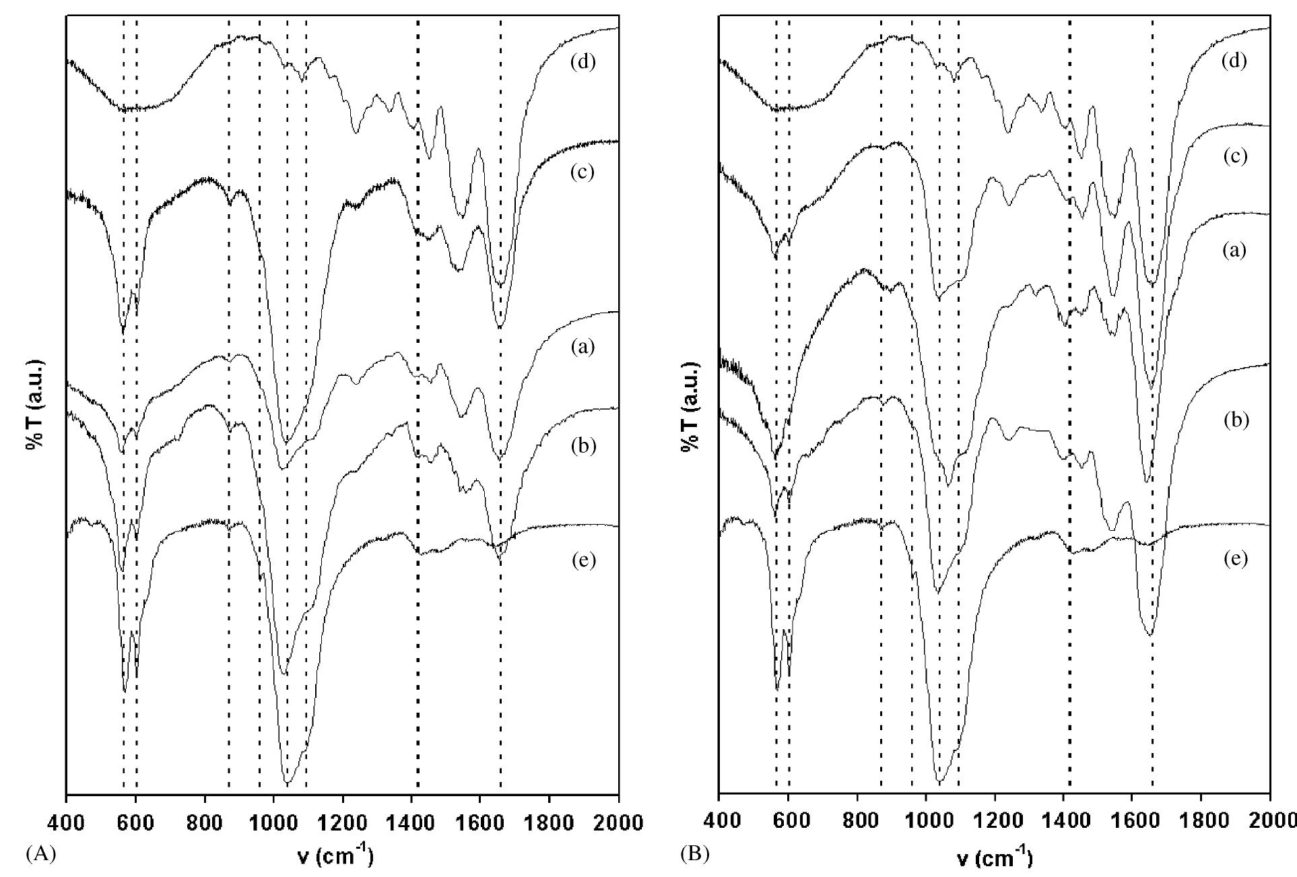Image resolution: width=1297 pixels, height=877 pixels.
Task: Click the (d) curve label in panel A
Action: tap(583, 63)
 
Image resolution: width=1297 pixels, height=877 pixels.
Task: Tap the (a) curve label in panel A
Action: tap(583, 348)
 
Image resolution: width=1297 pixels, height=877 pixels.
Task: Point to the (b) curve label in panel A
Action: tap(583, 446)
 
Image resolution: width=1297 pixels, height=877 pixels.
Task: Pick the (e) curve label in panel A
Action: tap(583, 560)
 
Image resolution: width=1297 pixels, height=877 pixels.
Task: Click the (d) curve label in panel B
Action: tap(1234, 62)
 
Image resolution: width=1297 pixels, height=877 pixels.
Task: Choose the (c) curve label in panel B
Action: tap(1234, 156)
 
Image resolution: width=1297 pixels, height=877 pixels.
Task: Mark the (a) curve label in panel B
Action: tap(1234, 251)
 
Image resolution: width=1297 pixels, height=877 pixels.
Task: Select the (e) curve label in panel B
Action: tap(1234, 559)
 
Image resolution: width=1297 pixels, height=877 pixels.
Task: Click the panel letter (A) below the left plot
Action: tap(40, 854)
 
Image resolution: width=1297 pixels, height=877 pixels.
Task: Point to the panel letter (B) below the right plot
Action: tap(694, 855)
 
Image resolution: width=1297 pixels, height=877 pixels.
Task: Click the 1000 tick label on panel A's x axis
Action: tap(273, 822)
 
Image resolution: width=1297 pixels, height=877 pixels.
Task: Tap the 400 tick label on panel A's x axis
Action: tap(66, 822)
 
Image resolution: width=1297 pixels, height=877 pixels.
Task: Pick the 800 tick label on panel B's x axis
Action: tap(857, 822)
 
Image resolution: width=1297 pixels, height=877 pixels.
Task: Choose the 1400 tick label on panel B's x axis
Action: tap(1063, 822)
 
